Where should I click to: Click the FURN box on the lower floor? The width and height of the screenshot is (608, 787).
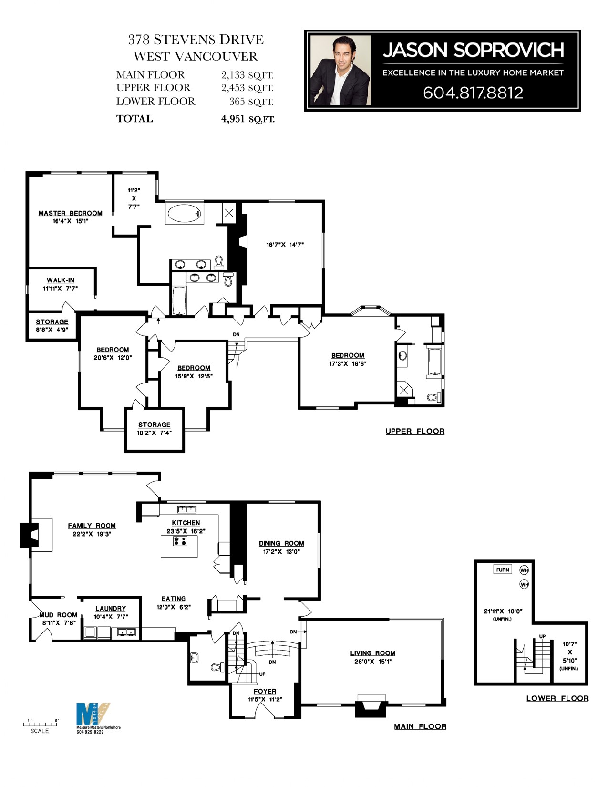(x=502, y=570)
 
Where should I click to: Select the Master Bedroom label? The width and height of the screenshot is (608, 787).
(x=70, y=213)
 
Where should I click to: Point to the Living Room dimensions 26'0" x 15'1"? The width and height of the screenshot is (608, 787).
(x=373, y=662)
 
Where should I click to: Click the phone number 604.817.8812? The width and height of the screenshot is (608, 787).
(x=473, y=93)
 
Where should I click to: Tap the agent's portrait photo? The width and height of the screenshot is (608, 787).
(x=340, y=70)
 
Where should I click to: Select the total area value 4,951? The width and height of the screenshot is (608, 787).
(x=233, y=119)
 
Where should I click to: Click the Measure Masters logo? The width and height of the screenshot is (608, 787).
(x=93, y=714)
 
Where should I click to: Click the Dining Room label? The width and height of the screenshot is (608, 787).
(x=281, y=543)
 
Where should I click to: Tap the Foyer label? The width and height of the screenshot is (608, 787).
(x=265, y=692)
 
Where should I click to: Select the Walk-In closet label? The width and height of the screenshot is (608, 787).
(x=61, y=280)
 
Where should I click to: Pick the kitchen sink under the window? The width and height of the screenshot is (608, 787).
(x=186, y=509)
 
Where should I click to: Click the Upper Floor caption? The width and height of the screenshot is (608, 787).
(x=415, y=431)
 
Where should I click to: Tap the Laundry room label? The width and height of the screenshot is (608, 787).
(x=111, y=609)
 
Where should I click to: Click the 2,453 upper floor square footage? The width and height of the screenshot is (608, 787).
(x=233, y=88)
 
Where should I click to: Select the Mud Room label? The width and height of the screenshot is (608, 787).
(x=58, y=615)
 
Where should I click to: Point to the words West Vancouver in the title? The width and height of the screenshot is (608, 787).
(x=196, y=56)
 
